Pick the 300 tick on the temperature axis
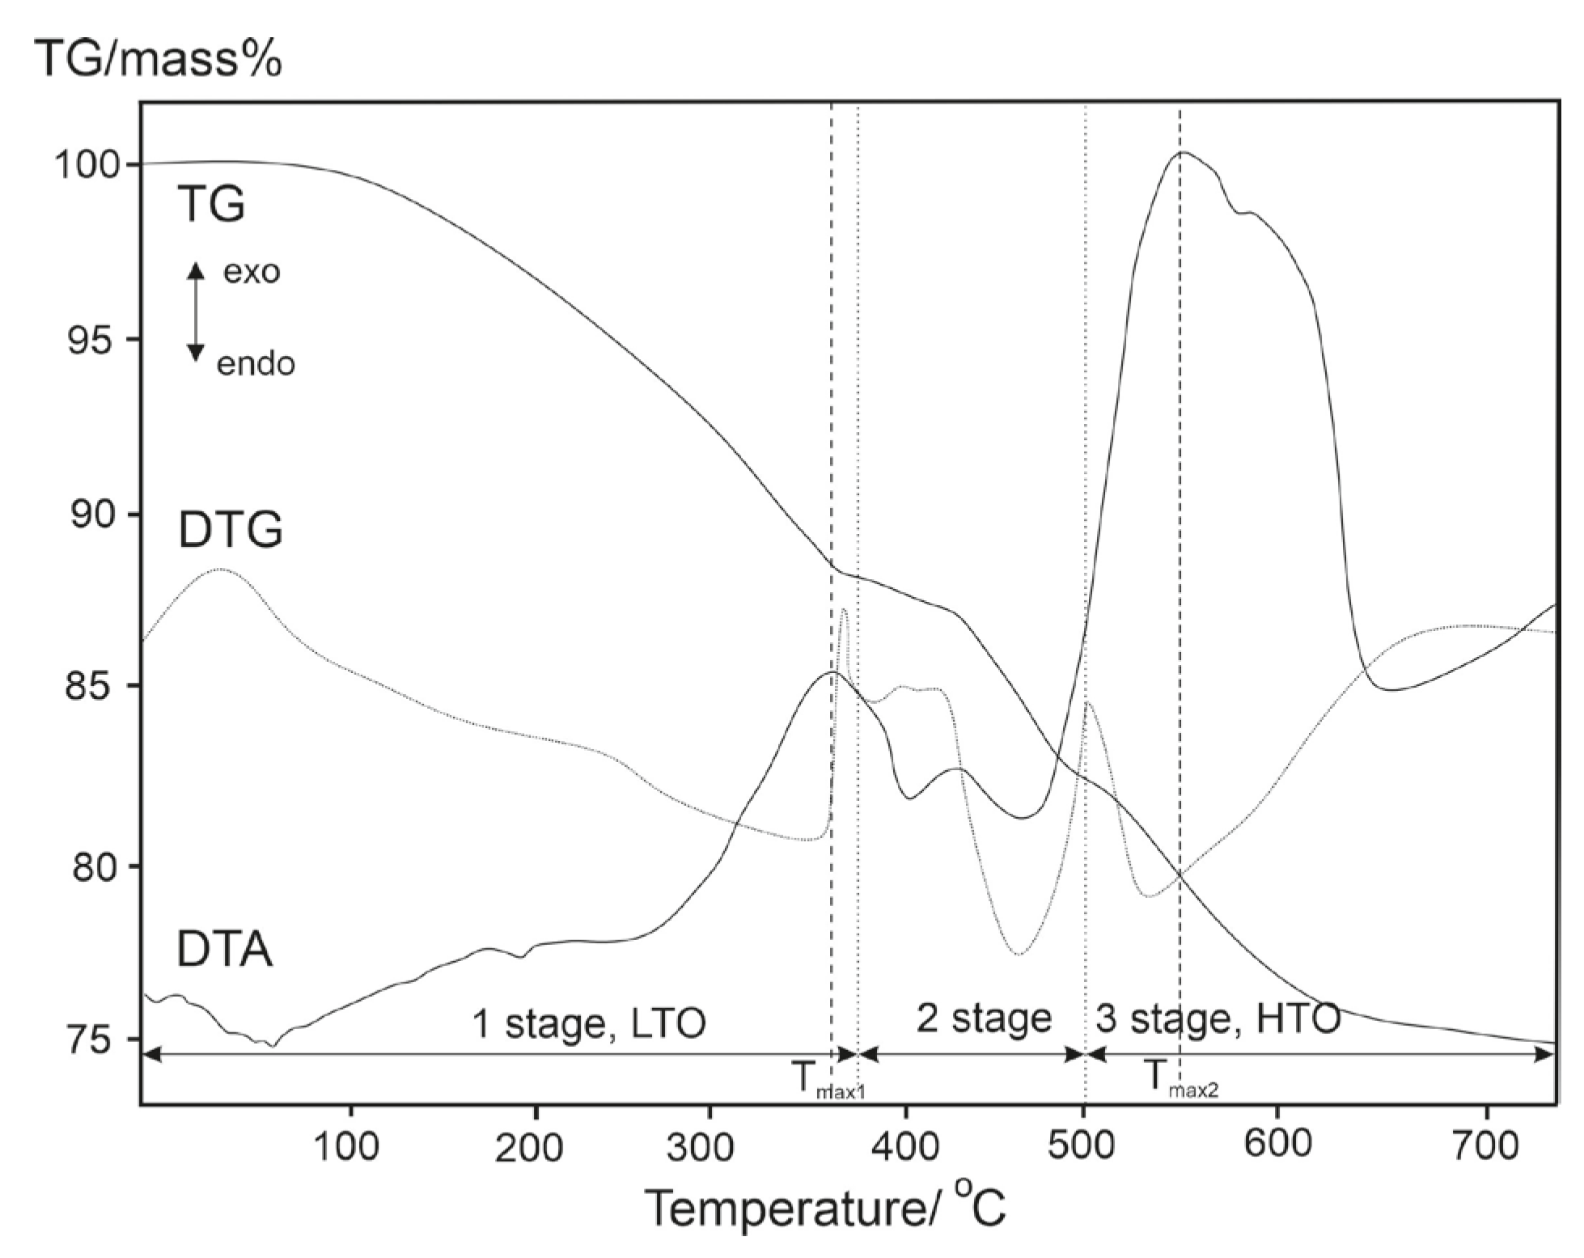pos(709,1147)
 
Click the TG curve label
pos(211,204)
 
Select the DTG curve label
pos(231,531)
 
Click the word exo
pos(252,272)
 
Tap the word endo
pos(256,364)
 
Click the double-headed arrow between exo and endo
pos(195,312)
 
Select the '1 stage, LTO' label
pos(588,1023)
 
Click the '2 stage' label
pos(984,1018)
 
